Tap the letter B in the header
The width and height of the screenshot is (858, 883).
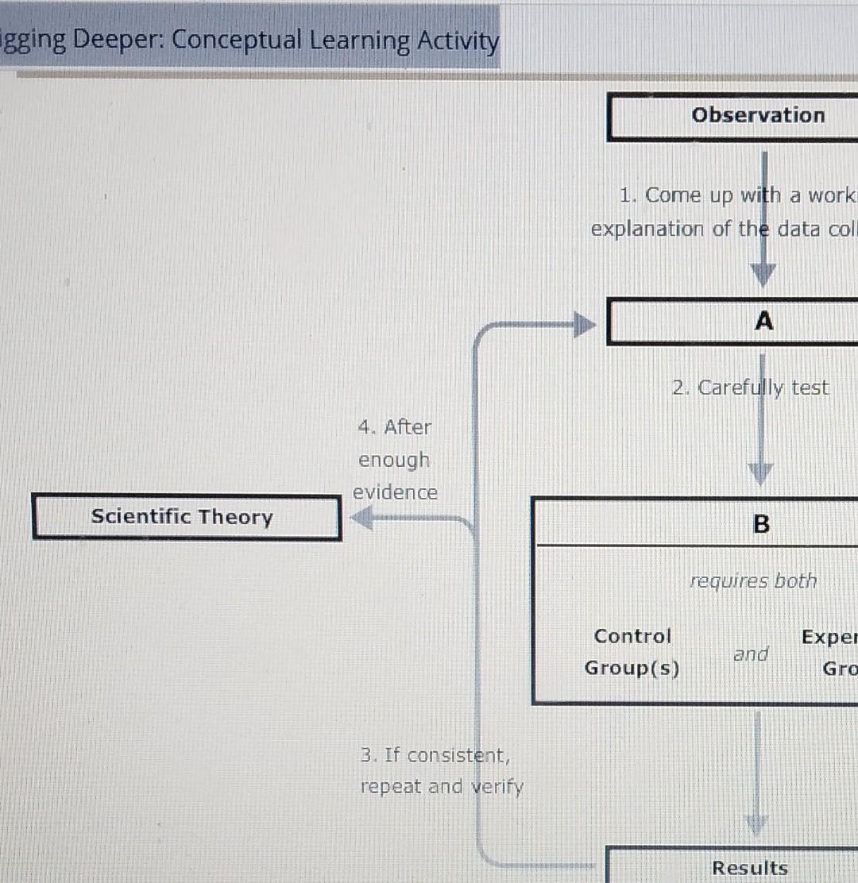pos(760,524)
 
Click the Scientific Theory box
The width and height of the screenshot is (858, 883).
pos(187,517)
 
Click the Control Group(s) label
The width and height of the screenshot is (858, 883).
pos(632,652)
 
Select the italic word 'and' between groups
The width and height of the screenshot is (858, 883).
pos(751,654)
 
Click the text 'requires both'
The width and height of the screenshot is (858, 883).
pos(752,581)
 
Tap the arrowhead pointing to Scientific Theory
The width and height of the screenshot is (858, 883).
pos(362,519)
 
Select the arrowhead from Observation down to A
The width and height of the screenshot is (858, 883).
pos(763,275)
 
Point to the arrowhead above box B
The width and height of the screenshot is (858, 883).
pos(760,474)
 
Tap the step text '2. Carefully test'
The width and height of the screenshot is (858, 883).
pos(750,388)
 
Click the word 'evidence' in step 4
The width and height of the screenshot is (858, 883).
pos(395,492)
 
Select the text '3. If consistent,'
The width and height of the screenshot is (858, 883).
pos(435,754)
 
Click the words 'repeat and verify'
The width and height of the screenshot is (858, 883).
pos(442,787)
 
